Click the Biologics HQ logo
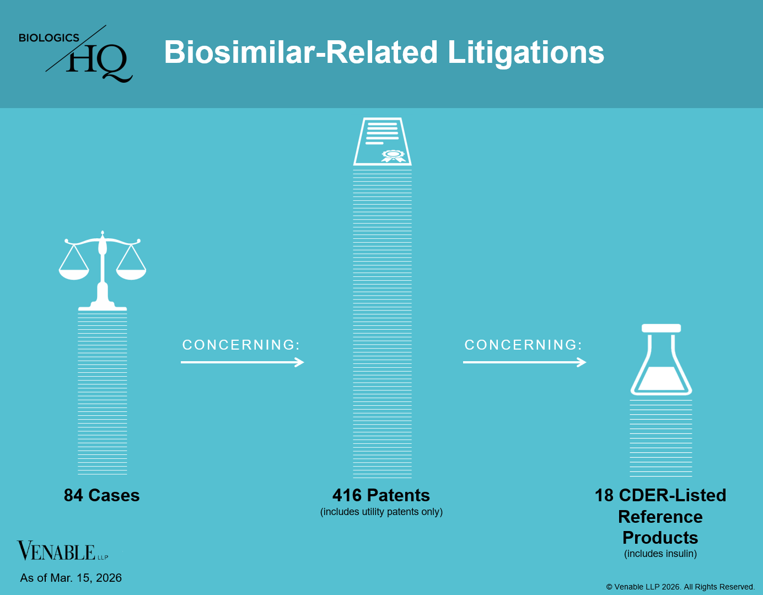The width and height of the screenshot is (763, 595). click(x=76, y=53)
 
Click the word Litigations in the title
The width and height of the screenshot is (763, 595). click(x=525, y=53)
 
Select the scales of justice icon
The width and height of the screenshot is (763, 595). click(x=102, y=270)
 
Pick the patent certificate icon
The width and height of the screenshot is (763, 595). click(x=383, y=142)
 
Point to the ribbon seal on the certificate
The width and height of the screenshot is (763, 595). click(x=394, y=156)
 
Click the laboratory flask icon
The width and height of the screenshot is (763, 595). click(x=661, y=360)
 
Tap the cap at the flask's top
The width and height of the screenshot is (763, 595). click(x=661, y=328)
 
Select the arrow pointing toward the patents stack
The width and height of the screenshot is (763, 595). click(x=242, y=362)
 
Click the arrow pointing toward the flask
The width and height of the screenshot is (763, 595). click(x=525, y=362)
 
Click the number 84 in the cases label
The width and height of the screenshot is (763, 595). click(x=73, y=495)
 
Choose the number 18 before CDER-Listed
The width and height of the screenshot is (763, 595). click(x=604, y=495)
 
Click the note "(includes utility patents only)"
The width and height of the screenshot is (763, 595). click(x=382, y=512)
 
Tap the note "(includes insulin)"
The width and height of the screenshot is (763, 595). click(x=660, y=554)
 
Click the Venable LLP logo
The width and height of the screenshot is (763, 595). click(x=62, y=551)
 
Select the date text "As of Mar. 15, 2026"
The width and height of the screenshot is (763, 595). click(x=71, y=578)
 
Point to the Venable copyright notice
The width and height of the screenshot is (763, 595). click(x=680, y=587)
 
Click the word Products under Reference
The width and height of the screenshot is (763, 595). click(x=660, y=538)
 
